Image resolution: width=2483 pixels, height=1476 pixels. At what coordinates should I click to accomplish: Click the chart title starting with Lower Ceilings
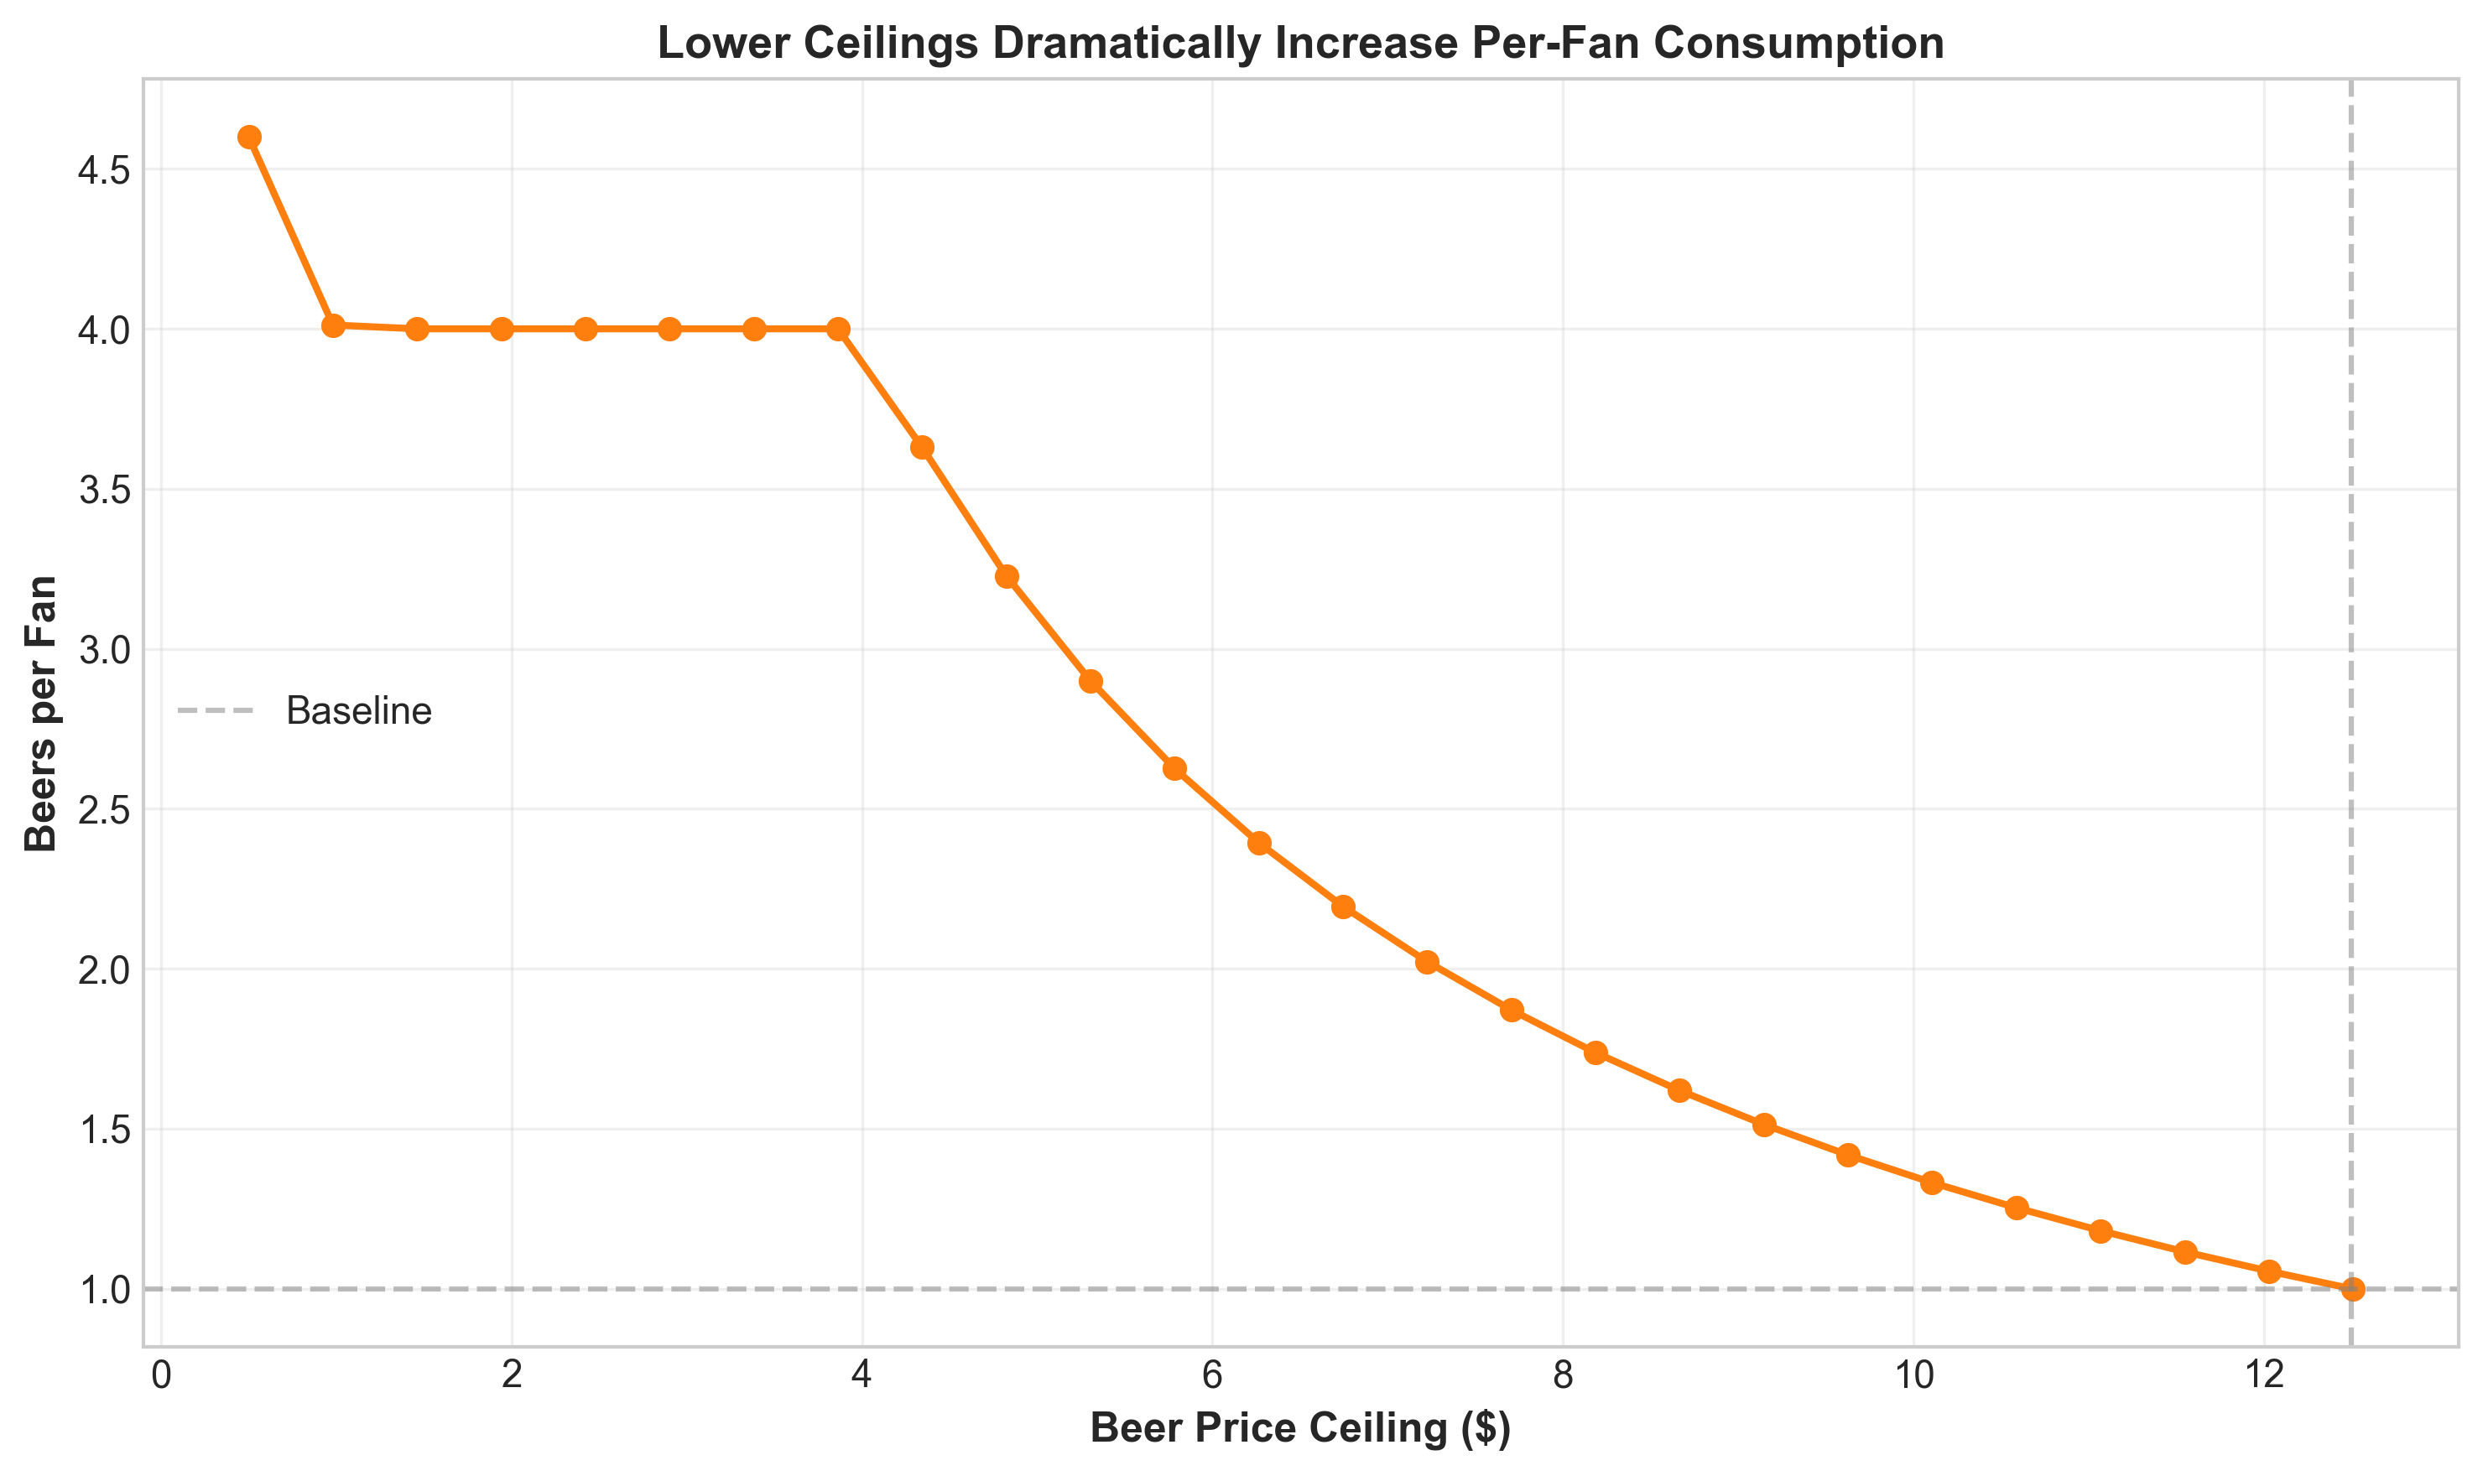pos(1300,44)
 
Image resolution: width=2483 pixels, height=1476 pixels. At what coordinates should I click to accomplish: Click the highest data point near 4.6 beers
pos(250,138)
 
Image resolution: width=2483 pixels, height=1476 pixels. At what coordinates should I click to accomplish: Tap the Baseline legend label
pos(358,711)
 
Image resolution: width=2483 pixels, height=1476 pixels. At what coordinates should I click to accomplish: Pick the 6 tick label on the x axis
pos(1211,1376)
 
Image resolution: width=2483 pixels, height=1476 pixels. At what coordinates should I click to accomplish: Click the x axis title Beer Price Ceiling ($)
pos(1300,1428)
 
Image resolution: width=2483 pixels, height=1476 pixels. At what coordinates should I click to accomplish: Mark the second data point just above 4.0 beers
pos(333,326)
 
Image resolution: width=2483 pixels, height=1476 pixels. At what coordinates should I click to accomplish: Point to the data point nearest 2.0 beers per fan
pos(1428,962)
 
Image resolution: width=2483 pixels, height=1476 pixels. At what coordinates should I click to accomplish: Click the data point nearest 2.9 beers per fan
pos(1091,681)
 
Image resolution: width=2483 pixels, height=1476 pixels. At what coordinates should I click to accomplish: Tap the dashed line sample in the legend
pos(216,711)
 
